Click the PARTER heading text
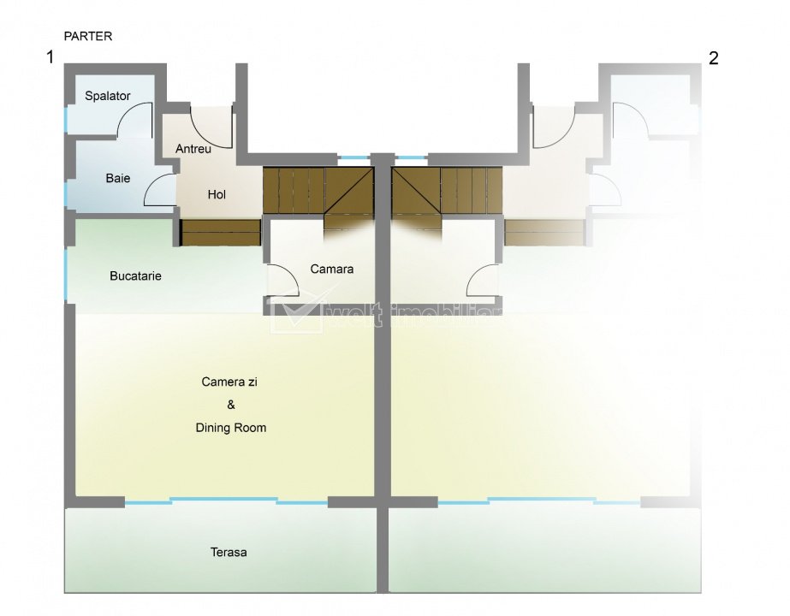(x=88, y=37)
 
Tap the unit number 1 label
(x=51, y=58)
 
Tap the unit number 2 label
(x=714, y=58)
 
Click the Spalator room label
(x=108, y=96)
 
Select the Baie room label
(x=118, y=178)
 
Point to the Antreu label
(x=193, y=148)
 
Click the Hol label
(x=217, y=194)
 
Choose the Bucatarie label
(x=136, y=276)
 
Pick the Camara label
(x=332, y=269)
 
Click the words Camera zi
(x=229, y=382)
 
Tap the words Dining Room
(x=230, y=428)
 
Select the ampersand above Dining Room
(x=229, y=405)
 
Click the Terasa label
(x=229, y=552)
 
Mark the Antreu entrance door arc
(x=211, y=128)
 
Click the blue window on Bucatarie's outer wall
(x=66, y=274)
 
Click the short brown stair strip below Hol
(x=221, y=232)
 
